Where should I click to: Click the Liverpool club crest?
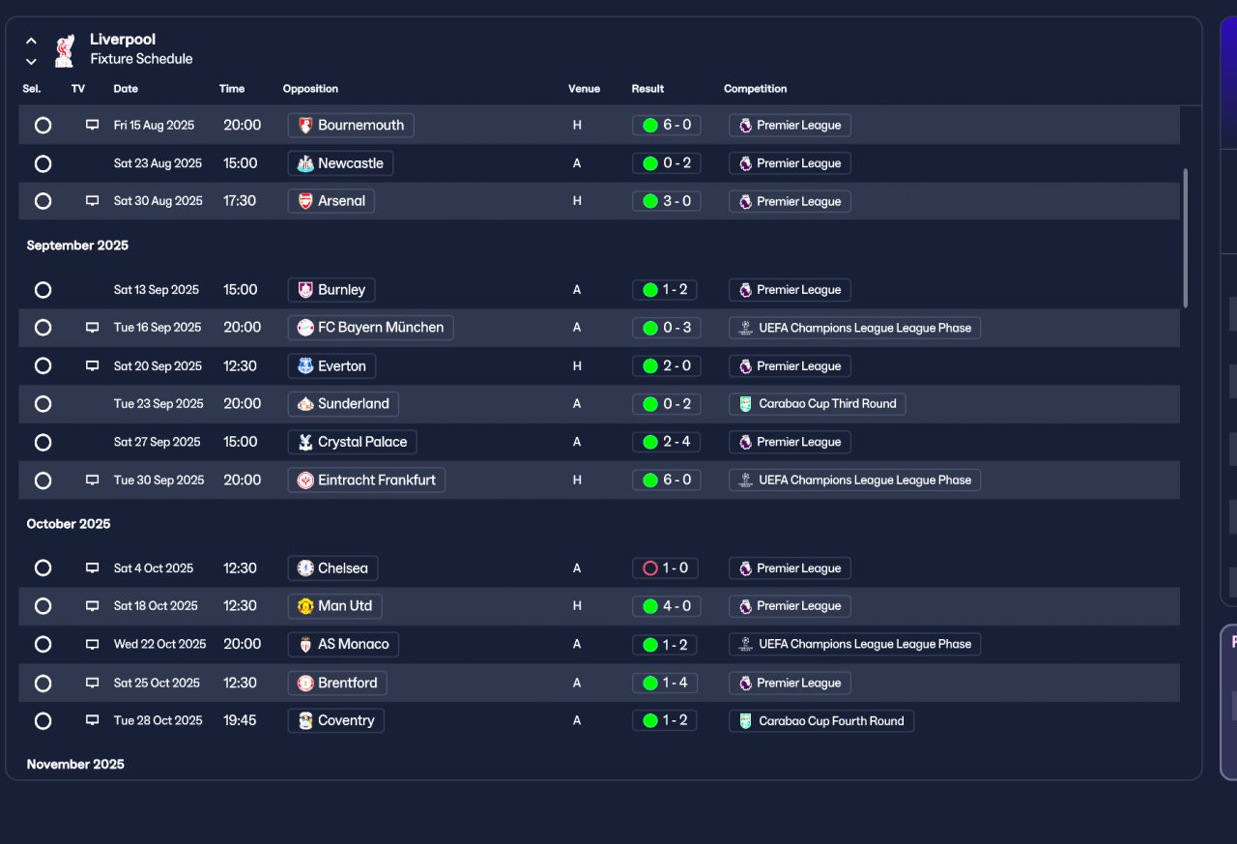pos(65,51)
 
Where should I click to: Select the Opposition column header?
pos(310,88)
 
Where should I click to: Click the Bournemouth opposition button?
pos(351,126)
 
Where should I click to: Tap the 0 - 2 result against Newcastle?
pos(667,163)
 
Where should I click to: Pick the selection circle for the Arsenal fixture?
pos(43,201)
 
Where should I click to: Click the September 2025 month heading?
pos(77,246)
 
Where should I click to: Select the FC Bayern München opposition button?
pos(370,328)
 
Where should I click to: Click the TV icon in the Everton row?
pos(92,365)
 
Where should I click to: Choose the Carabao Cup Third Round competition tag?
pos(818,404)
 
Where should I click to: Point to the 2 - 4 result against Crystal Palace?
pos(667,442)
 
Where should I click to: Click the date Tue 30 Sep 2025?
pos(159,480)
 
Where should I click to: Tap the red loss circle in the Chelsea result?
pos(650,568)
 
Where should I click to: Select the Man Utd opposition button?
pos(334,606)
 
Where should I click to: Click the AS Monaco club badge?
pos(305,645)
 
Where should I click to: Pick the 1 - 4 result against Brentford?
pos(664,684)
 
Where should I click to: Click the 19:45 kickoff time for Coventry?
pos(240,720)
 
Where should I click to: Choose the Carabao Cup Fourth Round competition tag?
pos(821,721)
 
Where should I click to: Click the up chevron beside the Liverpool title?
pos(32,41)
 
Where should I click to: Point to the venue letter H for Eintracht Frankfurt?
pos(577,480)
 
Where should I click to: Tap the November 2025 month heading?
pos(75,764)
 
